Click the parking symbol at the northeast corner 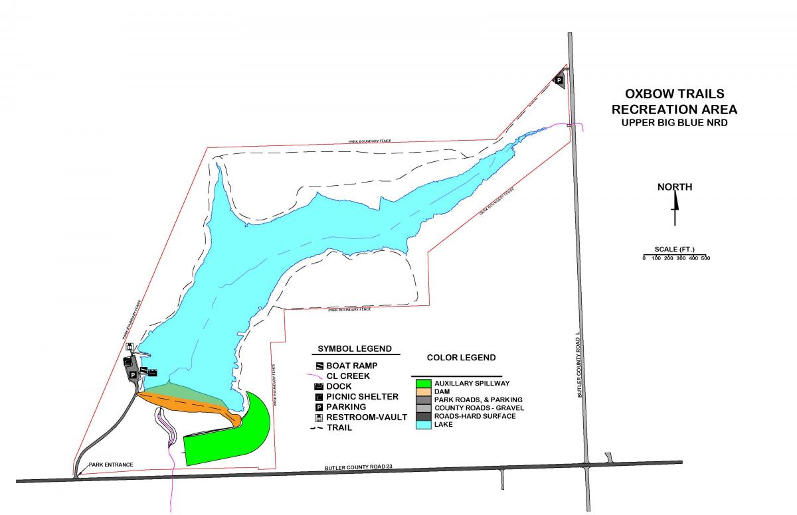click(559, 80)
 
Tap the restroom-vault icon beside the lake click(131, 346)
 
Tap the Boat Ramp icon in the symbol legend click(319, 366)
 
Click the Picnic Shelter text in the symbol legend click(362, 396)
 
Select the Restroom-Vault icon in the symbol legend click(319, 417)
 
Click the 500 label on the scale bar click(705, 258)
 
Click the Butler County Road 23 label click(359, 469)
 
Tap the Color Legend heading click(461, 357)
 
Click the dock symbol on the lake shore click(152, 372)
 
